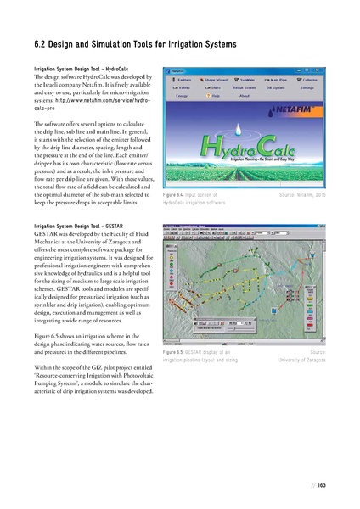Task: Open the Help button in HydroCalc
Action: tap(216, 96)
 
